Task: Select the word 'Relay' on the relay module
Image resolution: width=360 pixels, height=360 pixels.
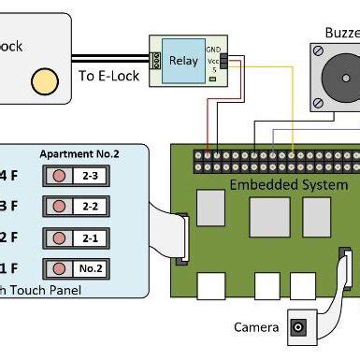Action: pos(182,62)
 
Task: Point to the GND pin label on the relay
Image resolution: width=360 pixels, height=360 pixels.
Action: pos(213,48)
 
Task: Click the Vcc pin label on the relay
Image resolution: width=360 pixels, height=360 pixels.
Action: pos(213,58)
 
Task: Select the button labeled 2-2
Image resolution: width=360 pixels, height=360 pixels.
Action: pos(76,206)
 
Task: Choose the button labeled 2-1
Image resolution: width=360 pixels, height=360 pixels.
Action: pos(76,238)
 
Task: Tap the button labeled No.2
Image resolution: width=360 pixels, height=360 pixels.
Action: pos(76,269)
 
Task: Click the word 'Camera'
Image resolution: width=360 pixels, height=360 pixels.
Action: pos(256,327)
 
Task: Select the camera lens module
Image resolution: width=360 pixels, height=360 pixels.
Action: pos(300,326)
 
